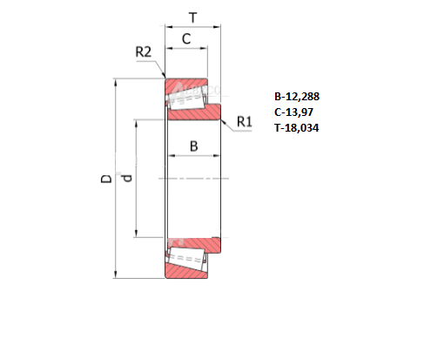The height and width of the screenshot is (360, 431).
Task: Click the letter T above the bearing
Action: click(x=192, y=17)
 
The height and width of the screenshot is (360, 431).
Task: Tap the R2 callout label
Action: click(x=144, y=52)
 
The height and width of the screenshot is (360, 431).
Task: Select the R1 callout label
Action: click(x=245, y=121)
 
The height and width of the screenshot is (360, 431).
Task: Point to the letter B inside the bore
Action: click(x=193, y=146)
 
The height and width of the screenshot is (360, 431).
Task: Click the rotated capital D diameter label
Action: click(x=106, y=180)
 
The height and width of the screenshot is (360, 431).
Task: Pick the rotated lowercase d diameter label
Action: click(x=127, y=179)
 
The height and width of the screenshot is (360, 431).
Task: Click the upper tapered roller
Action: click(x=186, y=102)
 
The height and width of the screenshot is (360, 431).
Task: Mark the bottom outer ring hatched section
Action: click(x=188, y=271)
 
